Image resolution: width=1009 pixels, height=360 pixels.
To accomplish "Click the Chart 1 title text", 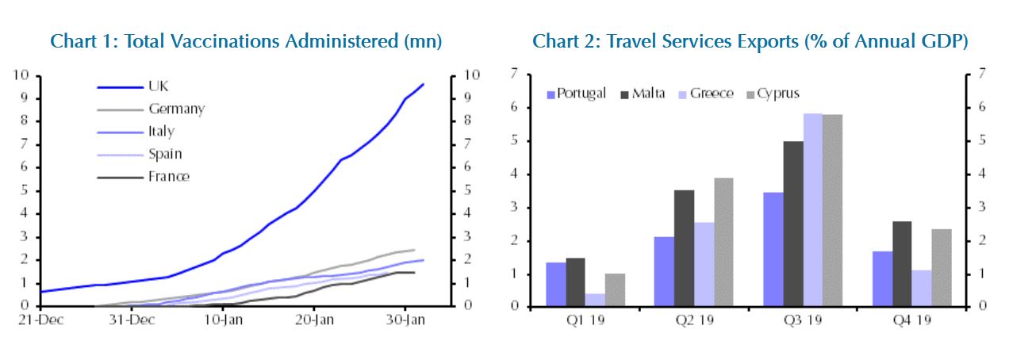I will click(246, 41).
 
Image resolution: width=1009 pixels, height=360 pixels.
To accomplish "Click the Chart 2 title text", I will click(750, 41).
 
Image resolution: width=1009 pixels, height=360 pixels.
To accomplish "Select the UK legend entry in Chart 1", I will click(158, 86).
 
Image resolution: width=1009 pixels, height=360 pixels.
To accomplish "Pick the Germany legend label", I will click(176, 109).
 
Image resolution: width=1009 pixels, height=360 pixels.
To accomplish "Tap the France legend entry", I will click(168, 176).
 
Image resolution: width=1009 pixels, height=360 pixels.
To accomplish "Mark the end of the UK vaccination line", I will click(423, 84).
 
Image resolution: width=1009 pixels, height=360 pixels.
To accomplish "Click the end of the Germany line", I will click(414, 250).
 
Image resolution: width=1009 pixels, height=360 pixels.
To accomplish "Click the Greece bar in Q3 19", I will click(812, 209).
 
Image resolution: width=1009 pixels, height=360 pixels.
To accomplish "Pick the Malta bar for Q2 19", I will click(684, 247).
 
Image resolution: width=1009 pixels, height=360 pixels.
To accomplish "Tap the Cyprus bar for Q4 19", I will click(942, 267).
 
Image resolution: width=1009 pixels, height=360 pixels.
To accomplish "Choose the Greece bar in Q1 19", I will click(596, 299).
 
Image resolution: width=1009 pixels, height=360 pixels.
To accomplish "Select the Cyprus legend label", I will click(777, 94).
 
